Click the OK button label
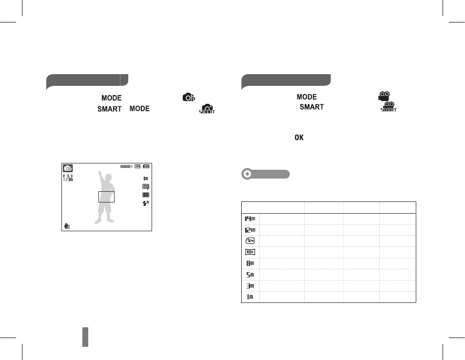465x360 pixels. click(299, 138)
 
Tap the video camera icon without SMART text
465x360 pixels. click(384, 96)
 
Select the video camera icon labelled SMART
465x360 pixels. click(388, 106)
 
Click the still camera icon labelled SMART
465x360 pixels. click(207, 109)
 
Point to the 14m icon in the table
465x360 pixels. click(250, 219)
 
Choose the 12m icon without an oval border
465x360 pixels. click(250, 230)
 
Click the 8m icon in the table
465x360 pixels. click(250, 263)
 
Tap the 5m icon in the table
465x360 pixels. click(250, 275)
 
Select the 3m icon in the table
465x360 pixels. click(250, 286)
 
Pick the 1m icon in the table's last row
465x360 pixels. click(250, 297)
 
